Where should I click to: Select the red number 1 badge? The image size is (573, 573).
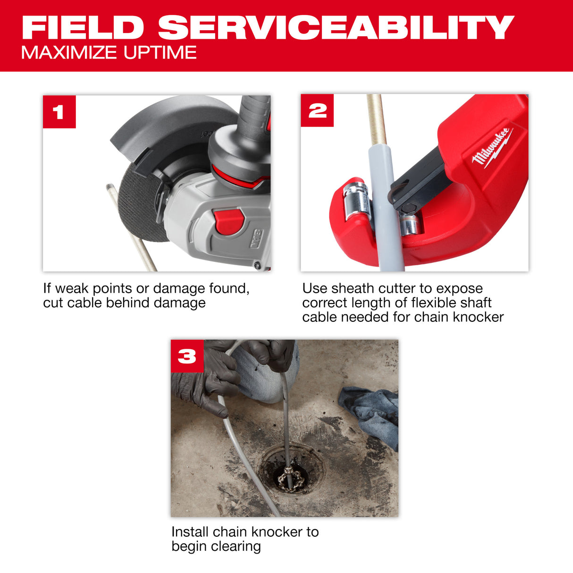pyautogui.click(x=59, y=112)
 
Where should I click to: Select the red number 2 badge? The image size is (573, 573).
pyautogui.click(x=317, y=111)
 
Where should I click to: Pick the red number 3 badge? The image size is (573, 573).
pyautogui.click(x=187, y=356)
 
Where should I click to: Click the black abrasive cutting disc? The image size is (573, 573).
pyautogui.click(x=137, y=203)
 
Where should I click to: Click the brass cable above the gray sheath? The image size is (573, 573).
pyautogui.click(x=376, y=118)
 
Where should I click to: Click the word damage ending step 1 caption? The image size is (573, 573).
pyautogui.click(x=182, y=303)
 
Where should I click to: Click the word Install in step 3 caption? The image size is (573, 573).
pyautogui.click(x=190, y=532)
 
